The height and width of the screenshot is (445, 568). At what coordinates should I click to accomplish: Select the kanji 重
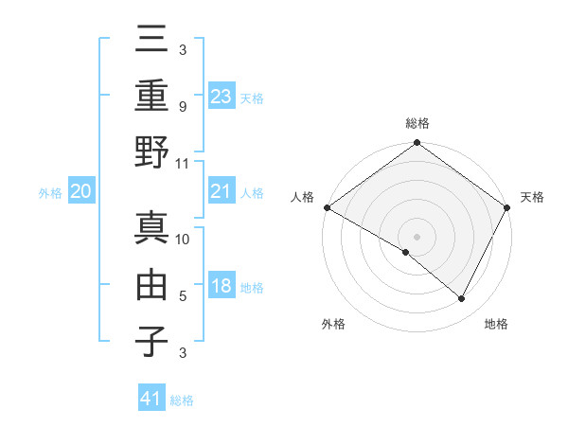coord(152,96)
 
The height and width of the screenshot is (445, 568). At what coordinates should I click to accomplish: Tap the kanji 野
coord(152,151)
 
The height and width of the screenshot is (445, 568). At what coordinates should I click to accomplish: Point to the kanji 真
coord(152,228)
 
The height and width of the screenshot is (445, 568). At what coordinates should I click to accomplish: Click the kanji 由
coord(152,284)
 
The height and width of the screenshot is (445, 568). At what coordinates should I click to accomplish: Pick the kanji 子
coord(152,340)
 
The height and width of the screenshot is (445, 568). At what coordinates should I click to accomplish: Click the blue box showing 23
coord(222,96)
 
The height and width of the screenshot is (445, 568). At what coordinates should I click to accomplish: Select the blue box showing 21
coord(222,192)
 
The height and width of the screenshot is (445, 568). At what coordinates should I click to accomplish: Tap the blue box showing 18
coord(222,287)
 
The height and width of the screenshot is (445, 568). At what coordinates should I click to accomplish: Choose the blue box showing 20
coord(80,192)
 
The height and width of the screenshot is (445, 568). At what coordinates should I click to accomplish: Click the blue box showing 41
coord(152,399)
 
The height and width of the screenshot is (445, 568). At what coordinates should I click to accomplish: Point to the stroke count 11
coord(184,163)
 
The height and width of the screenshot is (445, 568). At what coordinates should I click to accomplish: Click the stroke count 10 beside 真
coord(184,240)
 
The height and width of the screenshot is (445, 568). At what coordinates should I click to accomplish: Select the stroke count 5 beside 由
coord(183,295)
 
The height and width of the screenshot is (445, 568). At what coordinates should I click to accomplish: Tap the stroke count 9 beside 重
coord(183,107)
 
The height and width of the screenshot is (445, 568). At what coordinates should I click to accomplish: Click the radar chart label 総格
coord(417,123)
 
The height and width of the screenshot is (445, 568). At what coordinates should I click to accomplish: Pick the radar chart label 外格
coord(333,324)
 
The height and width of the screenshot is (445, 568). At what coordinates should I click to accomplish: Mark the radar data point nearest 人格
coord(327,207)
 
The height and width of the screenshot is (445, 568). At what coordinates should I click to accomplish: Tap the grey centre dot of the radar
coord(417,236)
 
